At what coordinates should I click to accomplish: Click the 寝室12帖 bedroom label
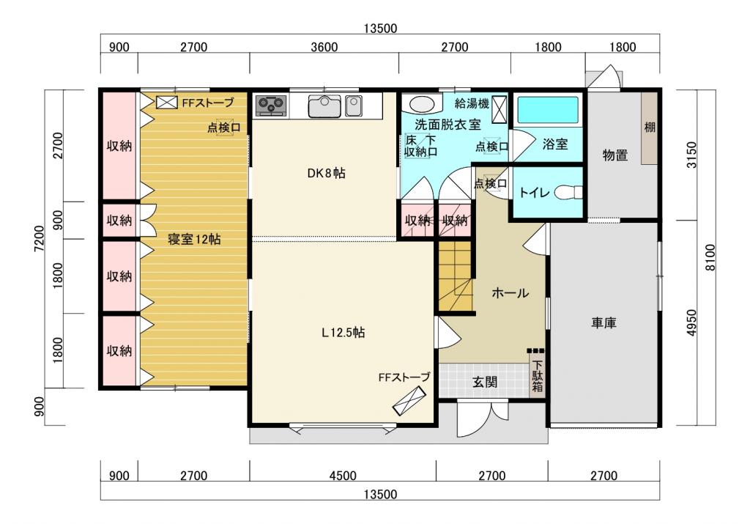click(x=194, y=239)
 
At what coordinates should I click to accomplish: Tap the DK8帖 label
click(x=326, y=173)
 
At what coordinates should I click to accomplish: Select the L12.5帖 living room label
click(x=344, y=332)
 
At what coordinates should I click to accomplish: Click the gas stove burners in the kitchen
click(x=271, y=106)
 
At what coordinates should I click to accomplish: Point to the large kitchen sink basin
click(x=324, y=106)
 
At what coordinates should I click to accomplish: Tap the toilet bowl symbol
click(x=568, y=192)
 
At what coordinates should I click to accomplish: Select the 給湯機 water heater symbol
click(x=500, y=110)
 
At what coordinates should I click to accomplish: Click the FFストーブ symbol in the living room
click(x=409, y=401)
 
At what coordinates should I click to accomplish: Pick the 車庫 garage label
click(x=604, y=323)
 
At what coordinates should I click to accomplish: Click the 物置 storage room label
click(x=615, y=155)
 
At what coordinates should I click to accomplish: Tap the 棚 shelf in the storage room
click(x=649, y=128)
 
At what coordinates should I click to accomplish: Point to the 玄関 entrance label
click(x=485, y=382)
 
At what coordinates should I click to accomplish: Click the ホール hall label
click(x=510, y=293)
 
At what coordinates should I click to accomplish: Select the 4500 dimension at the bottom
click(x=343, y=476)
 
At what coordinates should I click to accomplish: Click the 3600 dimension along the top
click(x=324, y=47)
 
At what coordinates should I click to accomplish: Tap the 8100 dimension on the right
click(x=710, y=257)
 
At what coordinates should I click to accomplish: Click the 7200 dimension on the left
click(x=40, y=238)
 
